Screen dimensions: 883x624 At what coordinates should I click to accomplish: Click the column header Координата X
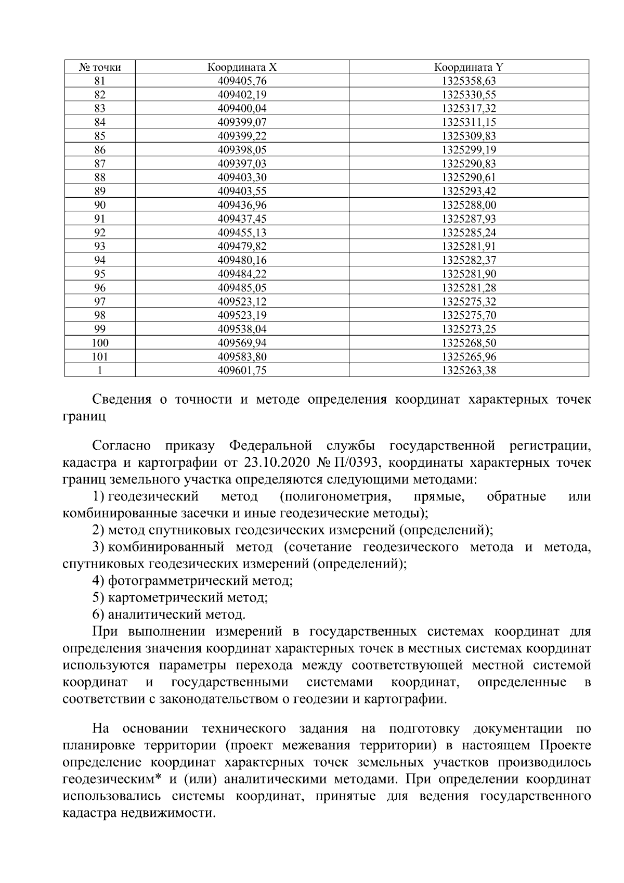click(x=242, y=67)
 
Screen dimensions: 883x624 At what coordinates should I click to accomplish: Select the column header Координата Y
click(x=469, y=67)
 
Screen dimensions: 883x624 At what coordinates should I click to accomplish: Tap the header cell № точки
click(x=100, y=67)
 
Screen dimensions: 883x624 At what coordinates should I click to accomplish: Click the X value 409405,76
click(x=242, y=81)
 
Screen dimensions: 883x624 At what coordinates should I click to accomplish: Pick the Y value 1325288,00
click(x=469, y=205)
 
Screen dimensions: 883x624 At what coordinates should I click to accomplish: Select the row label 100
click(x=100, y=343)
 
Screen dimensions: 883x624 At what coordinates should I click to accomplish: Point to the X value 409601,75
click(x=242, y=370)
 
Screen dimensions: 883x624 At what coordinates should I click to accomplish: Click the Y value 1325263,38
click(x=469, y=370)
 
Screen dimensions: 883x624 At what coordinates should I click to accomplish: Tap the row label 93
click(x=100, y=247)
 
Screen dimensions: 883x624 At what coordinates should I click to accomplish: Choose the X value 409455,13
click(x=242, y=233)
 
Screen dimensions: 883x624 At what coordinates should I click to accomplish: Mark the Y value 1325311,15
click(x=469, y=122)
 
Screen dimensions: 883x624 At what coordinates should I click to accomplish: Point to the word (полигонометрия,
click(x=335, y=496)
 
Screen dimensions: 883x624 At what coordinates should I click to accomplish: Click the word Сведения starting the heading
click(x=122, y=400)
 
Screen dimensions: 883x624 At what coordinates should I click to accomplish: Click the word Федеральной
click(x=270, y=446)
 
